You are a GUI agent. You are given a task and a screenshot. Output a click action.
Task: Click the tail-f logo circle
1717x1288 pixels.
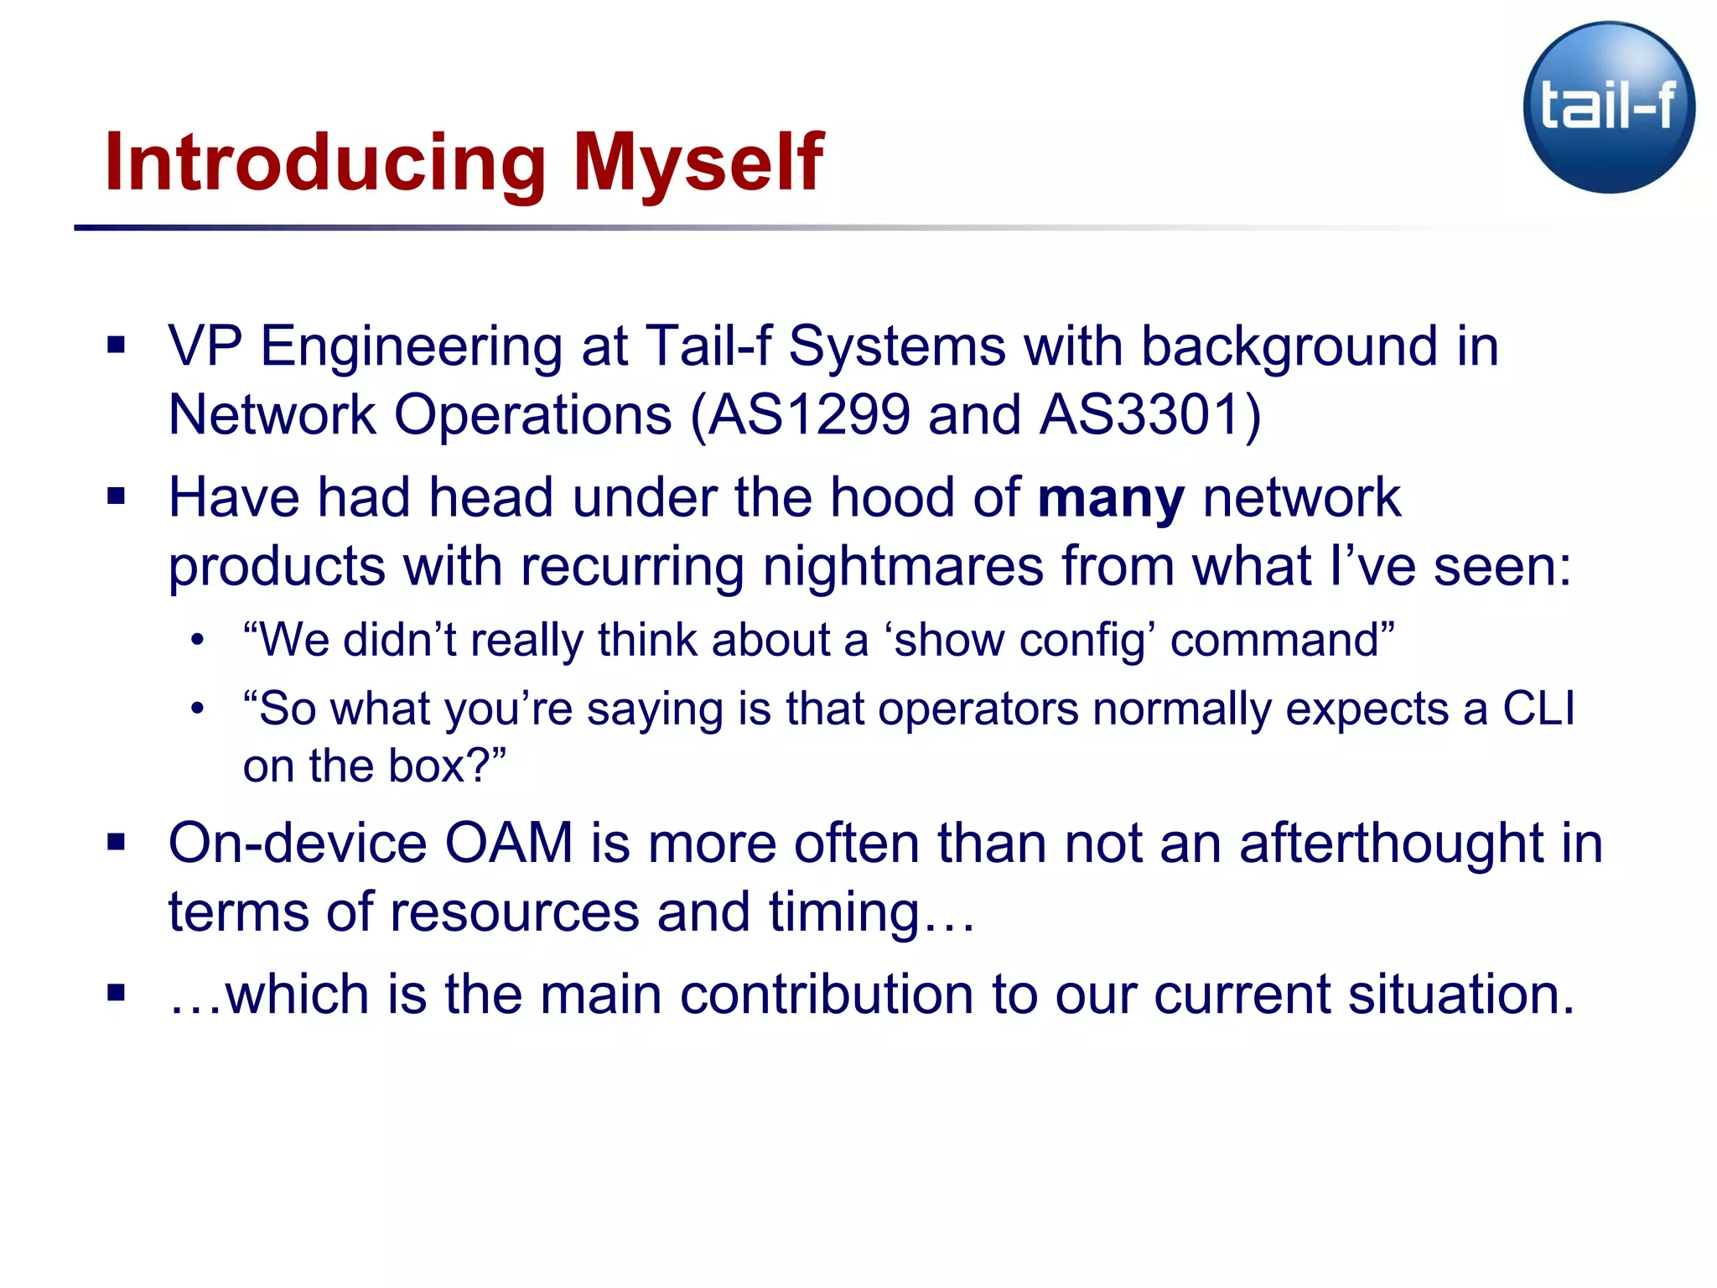click(1608, 107)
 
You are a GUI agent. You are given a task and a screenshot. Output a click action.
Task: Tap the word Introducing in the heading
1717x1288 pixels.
click(325, 164)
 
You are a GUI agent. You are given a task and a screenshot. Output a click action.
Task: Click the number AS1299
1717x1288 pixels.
click(808, 415)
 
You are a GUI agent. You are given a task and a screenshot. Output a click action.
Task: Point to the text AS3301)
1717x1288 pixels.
click(1150, 415)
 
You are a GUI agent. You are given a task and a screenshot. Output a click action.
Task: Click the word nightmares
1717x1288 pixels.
click(903, 567)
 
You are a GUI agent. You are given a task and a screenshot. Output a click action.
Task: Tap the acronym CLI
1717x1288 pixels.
click(1538, 709)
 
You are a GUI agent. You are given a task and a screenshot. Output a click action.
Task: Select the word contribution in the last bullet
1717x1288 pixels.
click(826, 995)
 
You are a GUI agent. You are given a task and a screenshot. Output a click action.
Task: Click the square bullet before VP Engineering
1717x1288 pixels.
click(117, 345)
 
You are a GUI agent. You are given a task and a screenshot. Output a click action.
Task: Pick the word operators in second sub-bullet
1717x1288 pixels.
click(978, 709)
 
